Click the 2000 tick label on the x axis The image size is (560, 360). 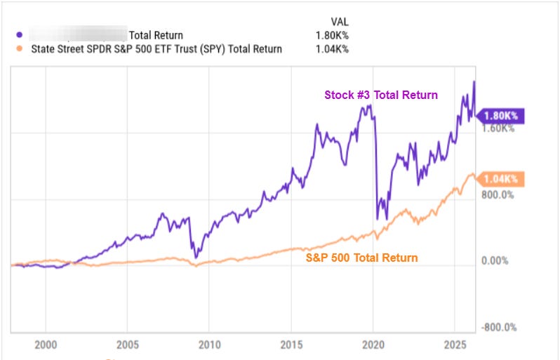(45, 345)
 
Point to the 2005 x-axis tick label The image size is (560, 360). (127, 345)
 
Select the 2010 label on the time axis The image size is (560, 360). (208, 345)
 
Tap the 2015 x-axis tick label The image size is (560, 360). (291, 345)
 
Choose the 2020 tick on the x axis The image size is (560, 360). (372, 345)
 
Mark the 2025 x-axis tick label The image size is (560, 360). (453, 345)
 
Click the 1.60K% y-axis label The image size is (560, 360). (499, 128)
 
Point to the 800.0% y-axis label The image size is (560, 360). (499, 195)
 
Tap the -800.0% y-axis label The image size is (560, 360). (498, 328)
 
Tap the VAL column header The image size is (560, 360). (340, 21)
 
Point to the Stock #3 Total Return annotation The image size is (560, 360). (381, 95)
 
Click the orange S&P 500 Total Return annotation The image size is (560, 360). (361, 258)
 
